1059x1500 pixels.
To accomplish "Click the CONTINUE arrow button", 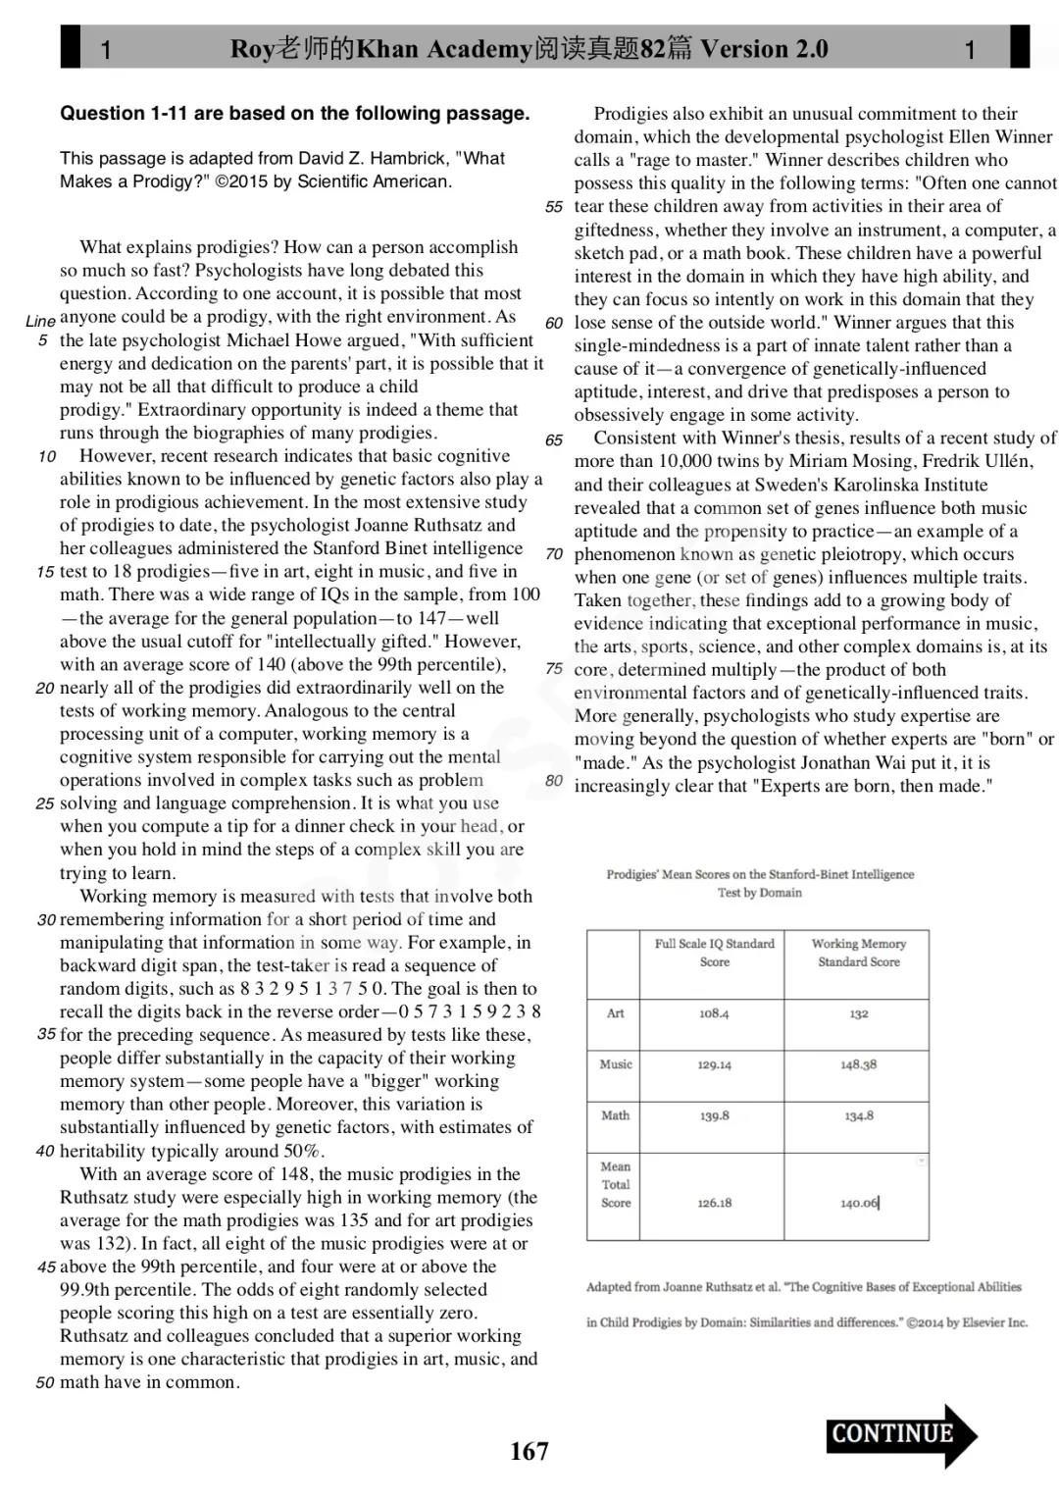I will tap(900, 1434).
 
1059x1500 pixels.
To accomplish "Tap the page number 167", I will tap(529, 1451).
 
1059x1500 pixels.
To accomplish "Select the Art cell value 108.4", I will tap(714, 1013).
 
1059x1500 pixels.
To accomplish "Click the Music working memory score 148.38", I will tap(858, 1064).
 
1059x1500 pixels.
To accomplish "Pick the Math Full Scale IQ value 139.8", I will tap(714, 1115).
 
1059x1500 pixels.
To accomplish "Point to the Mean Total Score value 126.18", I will tap(714, 1203).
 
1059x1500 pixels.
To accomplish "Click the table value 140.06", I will tap(859, 1203).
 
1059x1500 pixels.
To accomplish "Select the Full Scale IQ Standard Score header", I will tap(714, 953).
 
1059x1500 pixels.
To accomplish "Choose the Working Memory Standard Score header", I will tap(858, 953).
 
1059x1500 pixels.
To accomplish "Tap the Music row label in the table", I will tap(616, 1064).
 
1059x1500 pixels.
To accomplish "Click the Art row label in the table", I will tap(615, 1013).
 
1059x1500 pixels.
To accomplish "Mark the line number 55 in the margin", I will tap(554, 207).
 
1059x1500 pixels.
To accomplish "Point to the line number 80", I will tap(554, 781).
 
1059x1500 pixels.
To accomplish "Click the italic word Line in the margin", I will tap(40, 321).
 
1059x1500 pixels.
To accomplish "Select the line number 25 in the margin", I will tap(44, 803).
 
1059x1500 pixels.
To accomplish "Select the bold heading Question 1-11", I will tap(294, 113).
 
